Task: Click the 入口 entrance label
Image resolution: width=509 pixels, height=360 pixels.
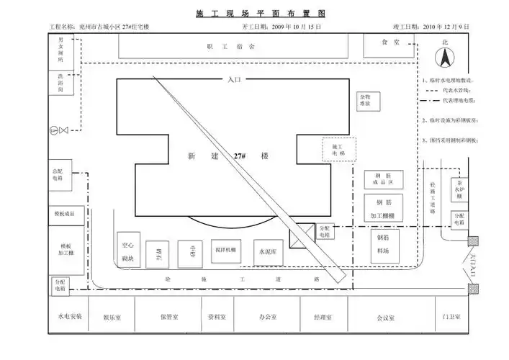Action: coord(233,80)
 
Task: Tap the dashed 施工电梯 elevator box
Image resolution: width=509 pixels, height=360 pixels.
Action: coord(338,150)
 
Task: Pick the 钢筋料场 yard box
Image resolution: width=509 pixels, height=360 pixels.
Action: coord(383,243)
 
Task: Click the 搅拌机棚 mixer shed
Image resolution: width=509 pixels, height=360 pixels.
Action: coord(225,250)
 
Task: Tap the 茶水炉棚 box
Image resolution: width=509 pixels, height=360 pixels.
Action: coord(459,189)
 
